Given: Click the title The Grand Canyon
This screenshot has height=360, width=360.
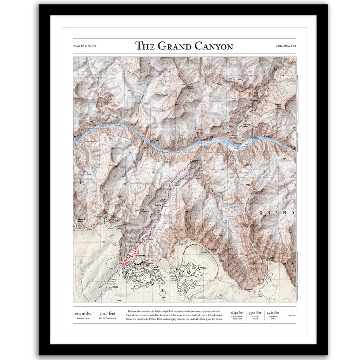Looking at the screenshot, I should (184, 46).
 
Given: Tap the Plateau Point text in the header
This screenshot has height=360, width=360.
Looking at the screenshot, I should (85, 46).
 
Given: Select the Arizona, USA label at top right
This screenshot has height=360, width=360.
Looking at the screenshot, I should (285, 46).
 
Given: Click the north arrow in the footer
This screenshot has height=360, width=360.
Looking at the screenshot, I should (291, 314).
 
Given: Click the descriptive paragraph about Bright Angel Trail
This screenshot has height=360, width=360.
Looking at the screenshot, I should (175, 315).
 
